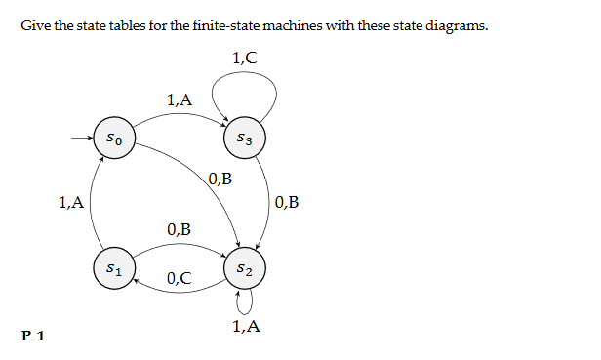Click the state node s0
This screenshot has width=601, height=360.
(x=114, y=140)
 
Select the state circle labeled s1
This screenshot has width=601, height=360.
(x=114, y=266)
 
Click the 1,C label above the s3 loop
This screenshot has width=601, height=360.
(x=245, y=58)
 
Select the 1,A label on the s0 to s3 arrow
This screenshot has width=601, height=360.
(x=180, y=99)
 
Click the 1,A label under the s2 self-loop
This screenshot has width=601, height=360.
(x=247, y=327)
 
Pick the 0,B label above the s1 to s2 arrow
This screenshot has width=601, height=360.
(x=179, y=230)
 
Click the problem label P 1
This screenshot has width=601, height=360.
(x=33, y=337)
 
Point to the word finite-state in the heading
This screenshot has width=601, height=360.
(x=227, y=25)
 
